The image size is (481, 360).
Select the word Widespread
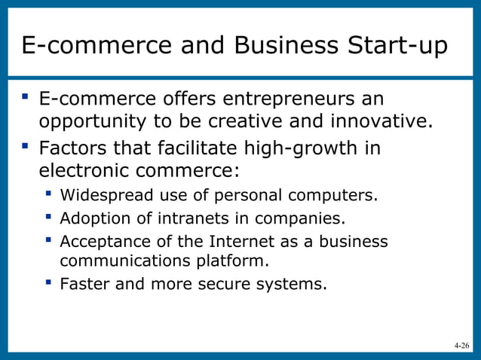(106, 196)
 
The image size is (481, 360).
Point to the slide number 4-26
(461, 346)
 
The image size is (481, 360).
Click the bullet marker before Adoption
(48, 218)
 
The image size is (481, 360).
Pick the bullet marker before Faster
(48, 283)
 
